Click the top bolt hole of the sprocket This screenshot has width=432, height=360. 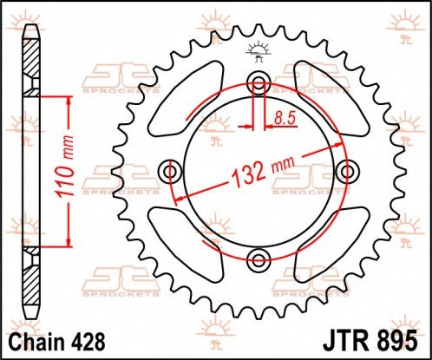click(258, 83)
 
